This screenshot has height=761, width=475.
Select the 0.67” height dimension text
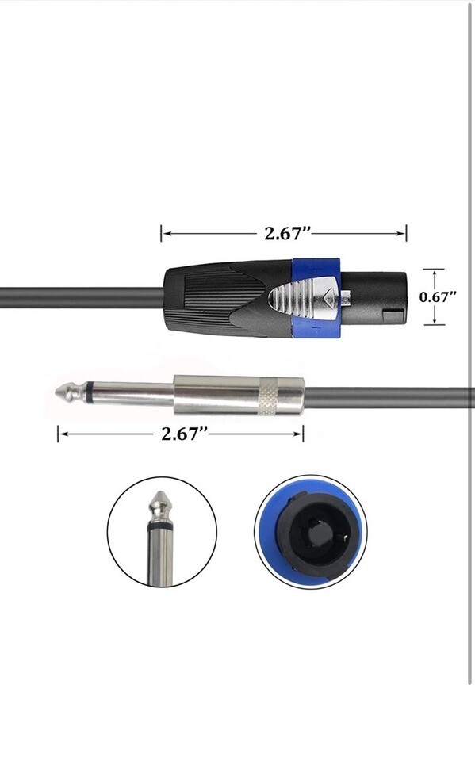[438, 297]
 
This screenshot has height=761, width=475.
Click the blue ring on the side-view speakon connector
[316, 296]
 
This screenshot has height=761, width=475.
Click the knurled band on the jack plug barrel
[268, 397]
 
